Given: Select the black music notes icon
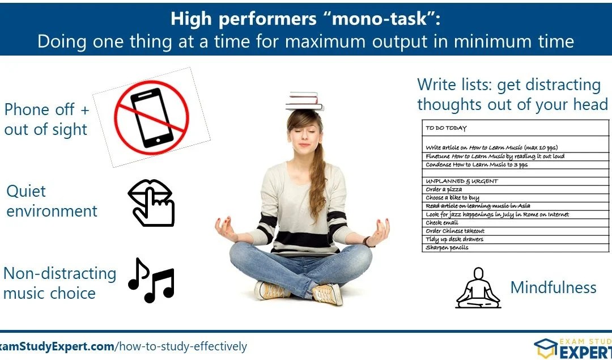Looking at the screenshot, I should click(x=151, y=280).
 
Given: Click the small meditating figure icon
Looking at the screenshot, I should click(x=478, y=288).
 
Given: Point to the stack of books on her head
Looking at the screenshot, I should click(x=304, y=101).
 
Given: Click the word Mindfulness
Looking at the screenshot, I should click(x=553, y=287).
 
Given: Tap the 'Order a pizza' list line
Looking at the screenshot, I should click(x=444, y=189).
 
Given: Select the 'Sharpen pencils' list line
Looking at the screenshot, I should click(x=447, y=248).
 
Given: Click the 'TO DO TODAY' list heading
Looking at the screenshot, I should click(x=446, y=128).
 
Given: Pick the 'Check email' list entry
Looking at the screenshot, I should click(x=441, y=223).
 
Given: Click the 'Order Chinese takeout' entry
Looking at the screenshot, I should click(x=455, y=231).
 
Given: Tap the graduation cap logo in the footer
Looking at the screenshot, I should click(x=545, y=348).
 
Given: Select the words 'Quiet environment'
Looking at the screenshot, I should click(x=51, y=201).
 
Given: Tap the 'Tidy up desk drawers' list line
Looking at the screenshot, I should click(x=454, y=239).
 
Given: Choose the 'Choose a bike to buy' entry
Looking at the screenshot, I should click(x=452, y=198).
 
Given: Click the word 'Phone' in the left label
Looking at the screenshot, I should click(x=32, y=109).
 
